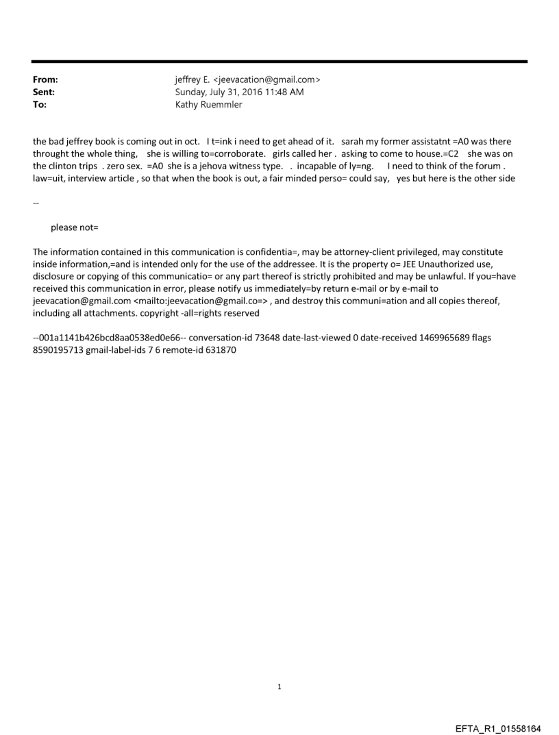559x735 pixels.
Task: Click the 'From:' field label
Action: click(45, 79)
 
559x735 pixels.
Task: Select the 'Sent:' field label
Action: click(43, 91)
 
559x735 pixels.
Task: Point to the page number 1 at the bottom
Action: click(279, 686)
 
